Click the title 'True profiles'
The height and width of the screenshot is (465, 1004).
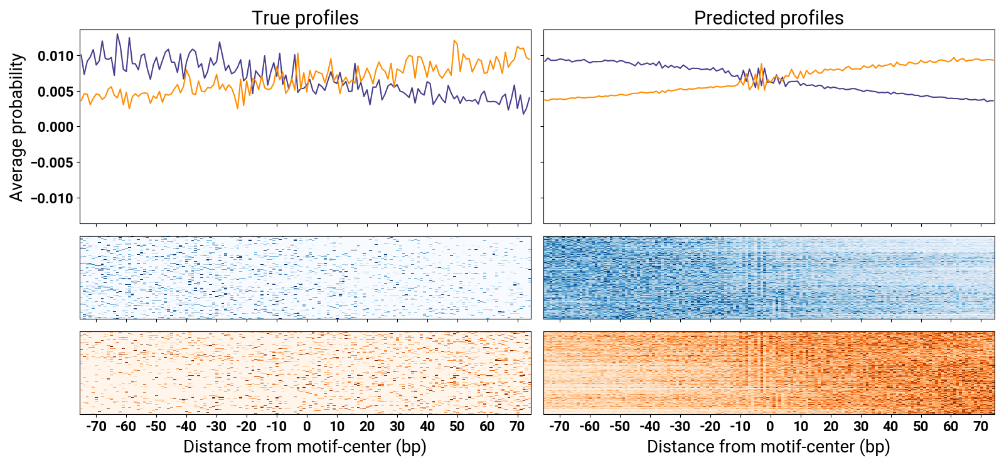[x=305, y=18]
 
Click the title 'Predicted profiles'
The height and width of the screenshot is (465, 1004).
[x=769, y=18]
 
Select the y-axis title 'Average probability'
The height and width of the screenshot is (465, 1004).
[x=17, y=127]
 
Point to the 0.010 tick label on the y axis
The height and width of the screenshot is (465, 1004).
[x=55, y=56]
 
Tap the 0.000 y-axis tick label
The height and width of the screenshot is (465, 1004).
[x=55, y=127]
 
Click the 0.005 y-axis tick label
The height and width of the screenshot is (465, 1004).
[x=55, y=92]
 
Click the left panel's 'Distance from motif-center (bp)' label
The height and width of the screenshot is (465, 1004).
[x=305, y=447]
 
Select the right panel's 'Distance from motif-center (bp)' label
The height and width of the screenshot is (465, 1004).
[x=769, y=447]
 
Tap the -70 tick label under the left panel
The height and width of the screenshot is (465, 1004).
[x=96, y=427]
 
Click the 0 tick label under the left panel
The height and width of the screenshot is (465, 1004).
[x=307, y=427]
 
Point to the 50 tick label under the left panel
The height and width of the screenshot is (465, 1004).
[x=457, y=427]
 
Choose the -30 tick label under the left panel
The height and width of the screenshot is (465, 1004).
[x=216, y=427]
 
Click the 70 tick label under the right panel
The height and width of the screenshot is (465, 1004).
[x=981, y=427]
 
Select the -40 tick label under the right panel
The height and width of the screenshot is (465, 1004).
[x=650, y=427]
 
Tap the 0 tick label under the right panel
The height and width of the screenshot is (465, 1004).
[x=771, y=427]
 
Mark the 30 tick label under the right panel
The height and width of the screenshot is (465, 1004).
[x=860, y=427]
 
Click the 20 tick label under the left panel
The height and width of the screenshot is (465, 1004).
[x=367, y=427]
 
